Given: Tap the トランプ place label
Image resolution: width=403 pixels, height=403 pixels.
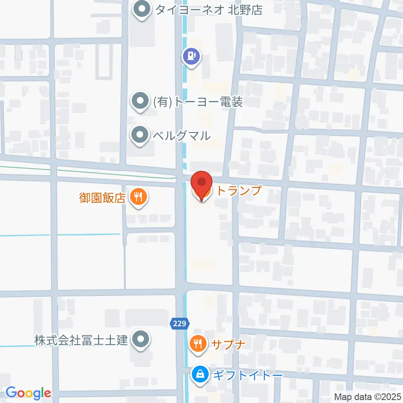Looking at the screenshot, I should [x=238, y=191].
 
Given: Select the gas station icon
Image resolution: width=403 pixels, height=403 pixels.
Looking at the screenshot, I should [x=192, y=56].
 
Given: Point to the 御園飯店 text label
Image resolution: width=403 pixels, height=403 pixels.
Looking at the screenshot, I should [x=102, y=198].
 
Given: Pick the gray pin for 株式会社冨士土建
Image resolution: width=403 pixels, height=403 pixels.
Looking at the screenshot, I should [x=140, y=339].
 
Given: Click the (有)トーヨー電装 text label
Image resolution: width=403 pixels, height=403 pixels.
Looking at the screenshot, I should [x=198, y=102].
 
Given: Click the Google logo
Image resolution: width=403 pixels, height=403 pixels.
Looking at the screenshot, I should [x=28, y=393].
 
